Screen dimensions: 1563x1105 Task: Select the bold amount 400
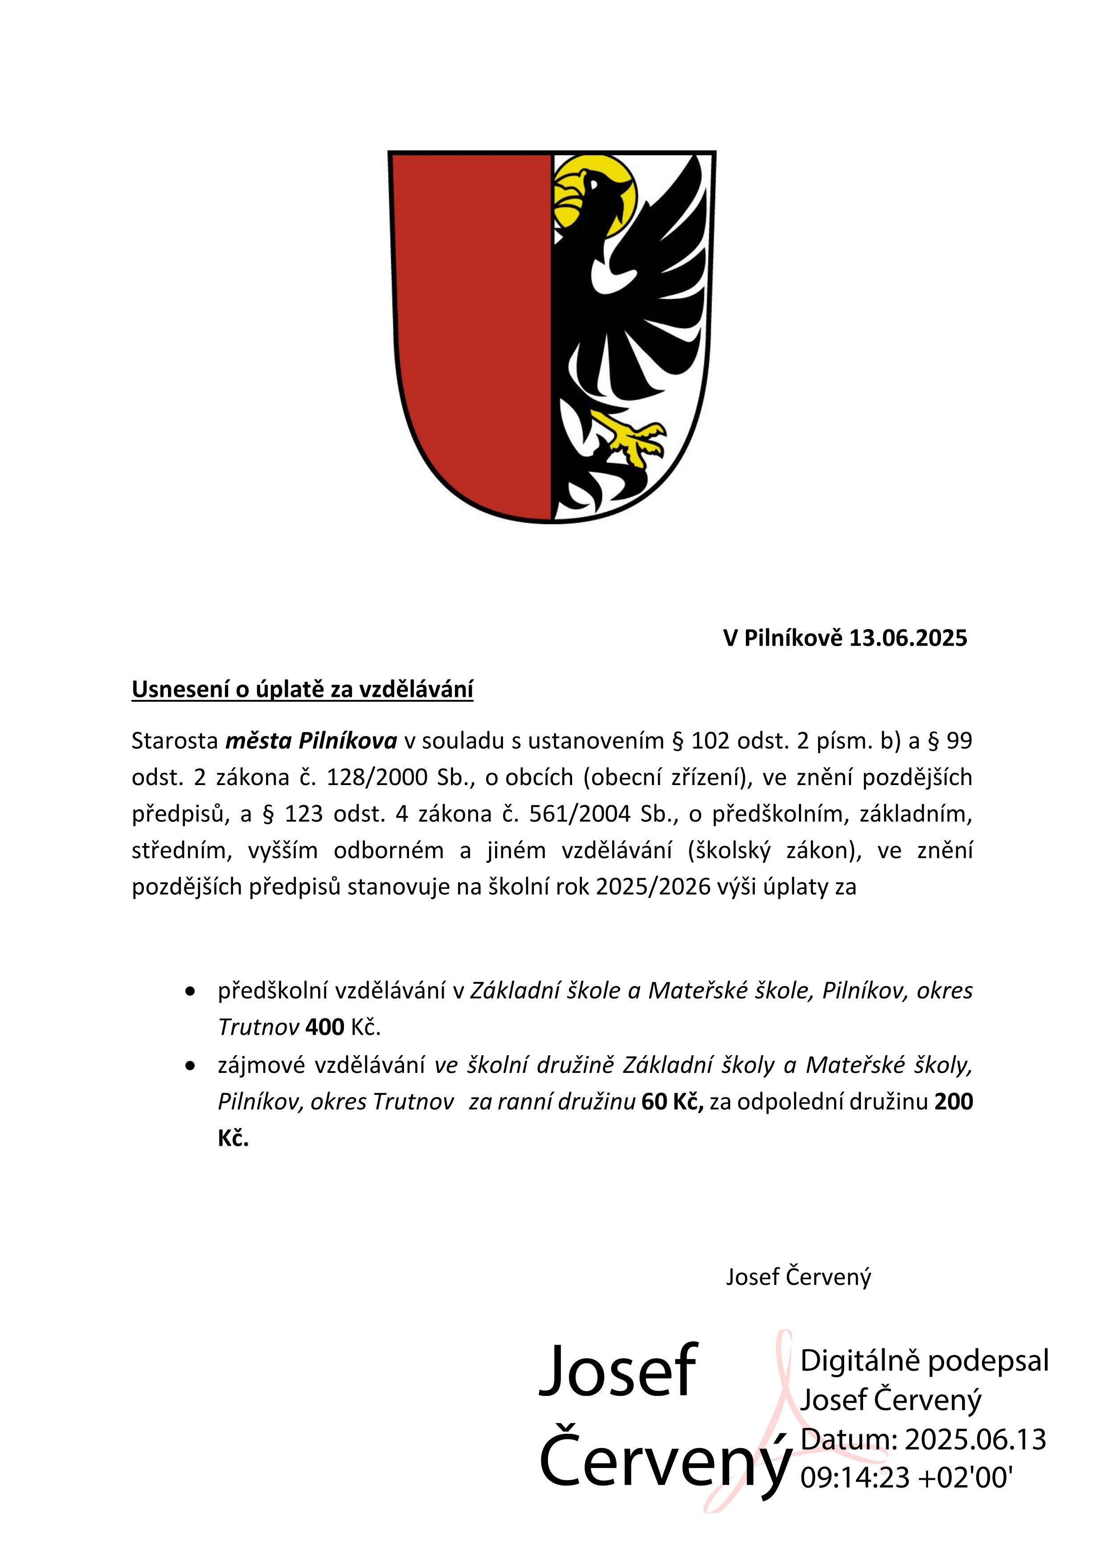pos(325,1027)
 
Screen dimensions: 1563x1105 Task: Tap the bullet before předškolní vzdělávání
pos(191,991)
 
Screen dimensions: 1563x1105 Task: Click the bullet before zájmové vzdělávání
pos(191,1065)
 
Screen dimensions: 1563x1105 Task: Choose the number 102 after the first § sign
pos(710,740)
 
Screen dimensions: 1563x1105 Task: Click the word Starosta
pos(174,740)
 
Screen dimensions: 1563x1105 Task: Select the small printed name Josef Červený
pos(798,1277)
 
